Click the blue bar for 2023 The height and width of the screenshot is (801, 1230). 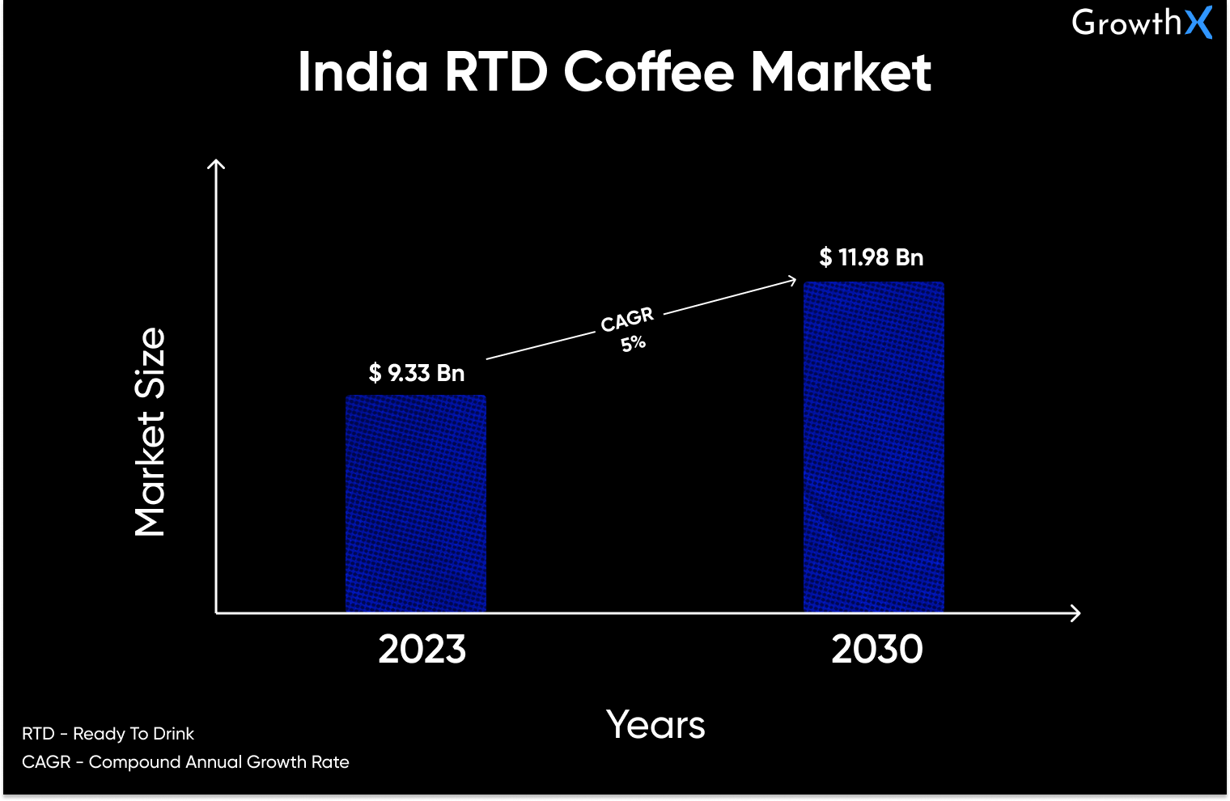click(x=416, y=503)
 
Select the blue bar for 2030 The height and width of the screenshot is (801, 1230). click(x=874, y=447)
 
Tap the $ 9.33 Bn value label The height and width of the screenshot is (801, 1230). click(x=417, y=373)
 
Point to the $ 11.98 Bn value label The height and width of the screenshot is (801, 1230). click(x=872, y=257)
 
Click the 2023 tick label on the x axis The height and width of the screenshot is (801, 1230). click(x=422, y=649)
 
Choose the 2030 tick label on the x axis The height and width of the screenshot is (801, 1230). click(x=877, y=649)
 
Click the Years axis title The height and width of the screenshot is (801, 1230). click(x=655, y=724)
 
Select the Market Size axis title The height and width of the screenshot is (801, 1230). click(x=151, y=432)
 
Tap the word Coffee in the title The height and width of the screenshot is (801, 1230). click(x=648, y=72)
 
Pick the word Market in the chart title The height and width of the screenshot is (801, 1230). click(x=841, y=72)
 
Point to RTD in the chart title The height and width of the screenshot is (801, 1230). click(x=496, y=72)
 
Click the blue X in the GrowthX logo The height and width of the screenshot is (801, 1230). click(x=1198, y=23)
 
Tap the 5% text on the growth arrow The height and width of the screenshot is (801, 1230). click(x=633, y=343)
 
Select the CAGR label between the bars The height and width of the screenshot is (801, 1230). click(x=627, y=320)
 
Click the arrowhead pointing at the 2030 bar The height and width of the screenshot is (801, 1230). click(x=792, y=281)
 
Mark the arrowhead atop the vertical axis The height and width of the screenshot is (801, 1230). click(x=216, y=164)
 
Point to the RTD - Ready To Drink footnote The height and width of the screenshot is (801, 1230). click(x=108, y=734)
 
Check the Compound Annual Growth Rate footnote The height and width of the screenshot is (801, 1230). click(x=185, y=762)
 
